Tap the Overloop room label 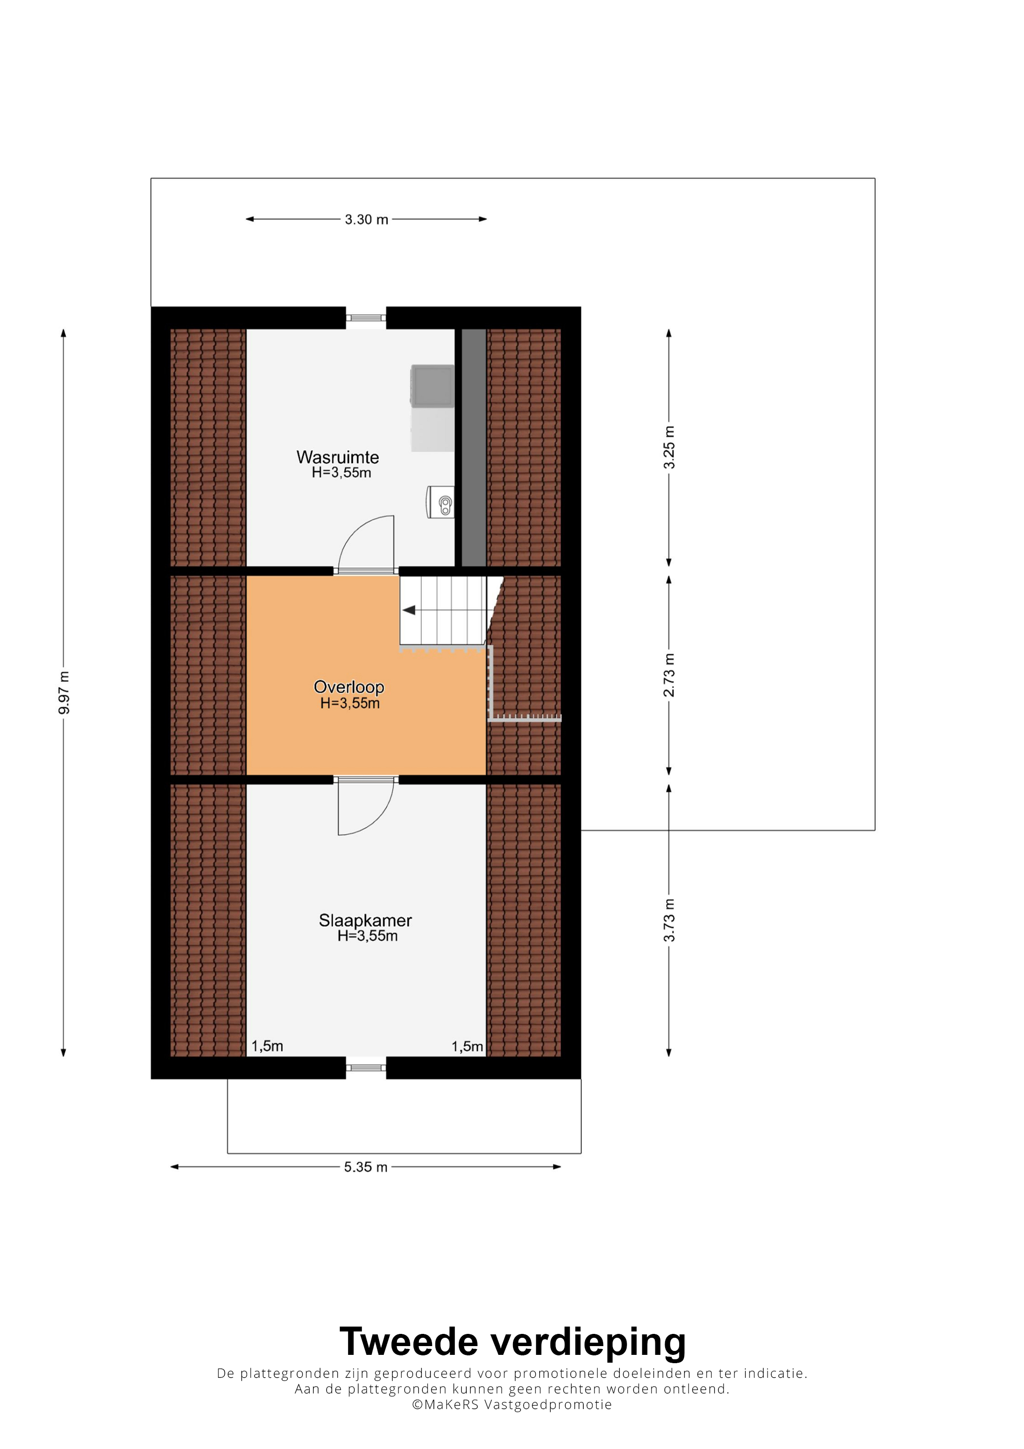coord(349,687)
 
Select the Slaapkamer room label coord(365,921)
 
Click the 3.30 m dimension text coord(367,219)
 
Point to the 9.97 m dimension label coord(64,693)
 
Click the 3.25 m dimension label coord(670,447)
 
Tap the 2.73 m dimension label coord(670,675)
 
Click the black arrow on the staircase coord(409,610)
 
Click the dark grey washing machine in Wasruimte coord(432,385)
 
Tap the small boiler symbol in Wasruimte coord(441,502)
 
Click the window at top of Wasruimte coord(366,318)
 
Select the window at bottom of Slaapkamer coord(366,1067)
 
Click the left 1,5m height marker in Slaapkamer coord(268,1046)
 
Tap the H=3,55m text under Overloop coord(350,703)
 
